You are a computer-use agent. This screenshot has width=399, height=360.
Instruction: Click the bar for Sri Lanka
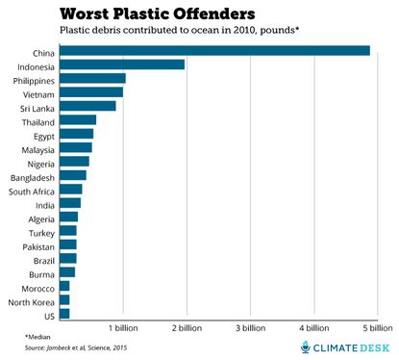pos(87,106)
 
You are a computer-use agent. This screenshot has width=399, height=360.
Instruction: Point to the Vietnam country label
pos(36,92)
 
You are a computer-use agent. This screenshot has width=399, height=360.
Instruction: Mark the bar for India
pos(69,203)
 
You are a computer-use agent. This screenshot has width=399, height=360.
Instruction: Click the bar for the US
pos(64,314)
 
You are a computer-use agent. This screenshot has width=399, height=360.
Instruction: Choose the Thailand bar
pos(78,120)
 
